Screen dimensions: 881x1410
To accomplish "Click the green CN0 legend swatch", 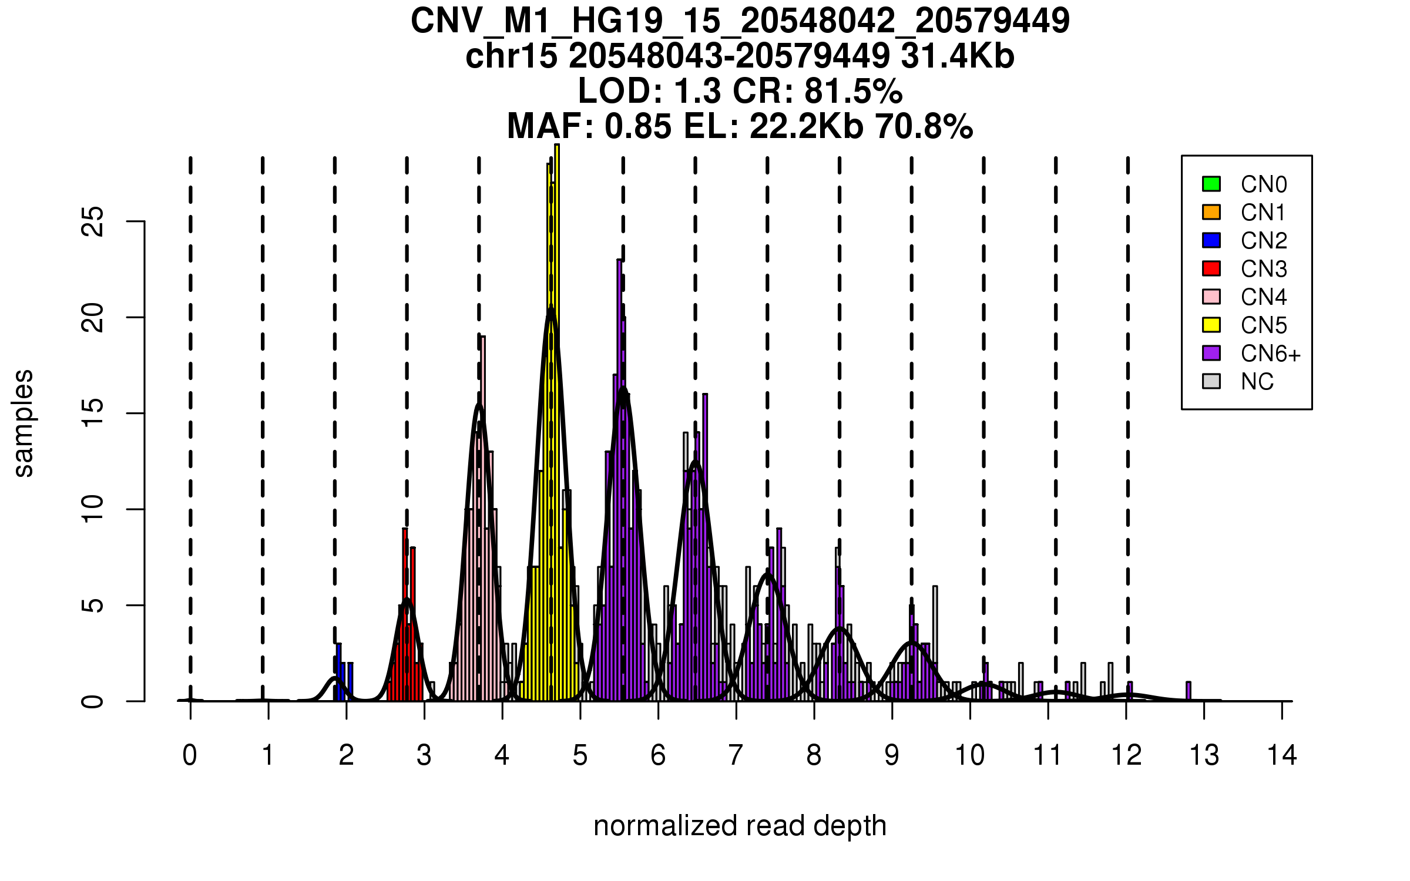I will (1211, 184).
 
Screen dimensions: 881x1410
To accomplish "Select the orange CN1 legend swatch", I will (1211, 212).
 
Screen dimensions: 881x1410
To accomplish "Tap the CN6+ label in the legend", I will (1270, 354).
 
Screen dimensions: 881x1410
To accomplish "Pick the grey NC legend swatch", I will (1211, 381).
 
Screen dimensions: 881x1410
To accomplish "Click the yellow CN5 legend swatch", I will (1211, 325).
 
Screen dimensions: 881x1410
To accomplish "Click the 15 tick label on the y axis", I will (93, 413).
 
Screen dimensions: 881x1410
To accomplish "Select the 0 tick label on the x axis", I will (190, 755).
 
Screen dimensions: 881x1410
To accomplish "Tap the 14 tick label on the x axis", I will (1281, 755).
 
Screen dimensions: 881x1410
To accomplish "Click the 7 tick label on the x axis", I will (736, 755).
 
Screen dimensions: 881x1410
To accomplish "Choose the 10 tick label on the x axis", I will (969, 755).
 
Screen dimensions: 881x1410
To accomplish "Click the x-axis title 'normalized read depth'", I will (740, 826).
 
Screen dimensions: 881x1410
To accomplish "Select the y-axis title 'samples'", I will (23, 423).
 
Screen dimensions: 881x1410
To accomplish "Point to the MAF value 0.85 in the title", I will (637, 126).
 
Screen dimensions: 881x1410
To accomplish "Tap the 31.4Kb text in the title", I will (957, 57).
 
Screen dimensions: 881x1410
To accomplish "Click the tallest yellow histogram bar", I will (557, 423).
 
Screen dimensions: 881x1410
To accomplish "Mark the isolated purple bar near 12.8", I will (1188, 691).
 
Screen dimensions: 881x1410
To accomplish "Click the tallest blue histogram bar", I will (338, 672).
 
